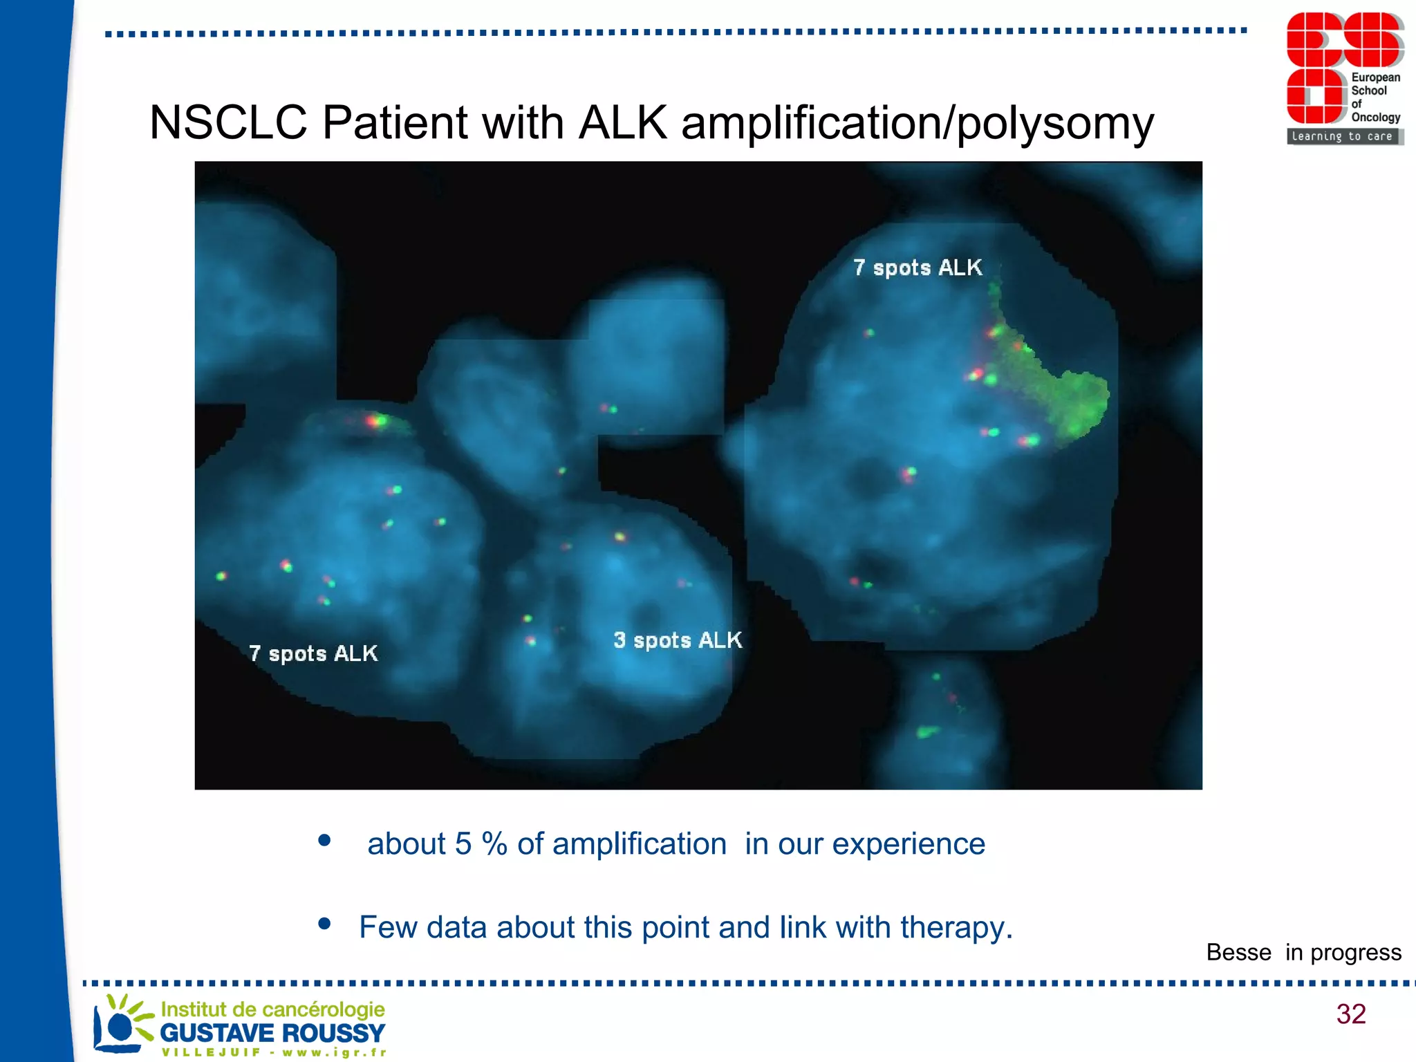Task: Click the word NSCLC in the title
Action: [228, 123]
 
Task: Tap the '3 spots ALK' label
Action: [678, 640]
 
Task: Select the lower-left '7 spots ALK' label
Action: [313, 653]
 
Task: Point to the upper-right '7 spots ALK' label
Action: [917, 268]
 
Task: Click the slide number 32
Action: [1351, 1014]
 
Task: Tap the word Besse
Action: [1238, 952]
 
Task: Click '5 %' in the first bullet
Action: [481, 844]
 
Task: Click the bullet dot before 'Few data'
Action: [324, 924]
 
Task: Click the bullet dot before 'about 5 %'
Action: [324, 841]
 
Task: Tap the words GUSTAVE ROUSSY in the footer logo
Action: [272, 1033]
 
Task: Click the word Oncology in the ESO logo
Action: [1375, 118]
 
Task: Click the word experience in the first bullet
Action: [909, 844]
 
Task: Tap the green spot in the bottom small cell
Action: [926, 732]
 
